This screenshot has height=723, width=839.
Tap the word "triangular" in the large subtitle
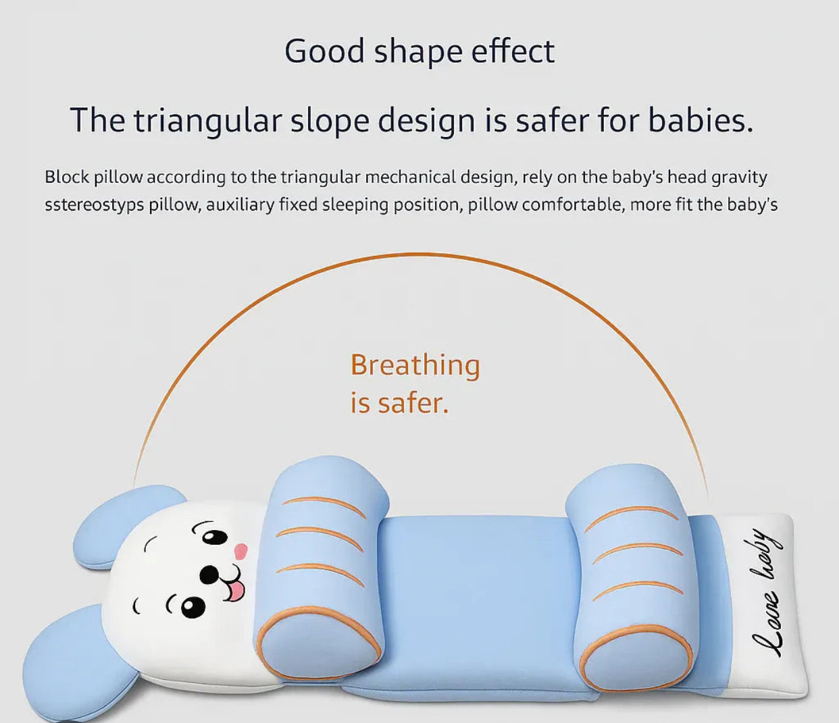(x=206, y=121)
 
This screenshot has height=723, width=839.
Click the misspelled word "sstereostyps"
(x=94, y=205)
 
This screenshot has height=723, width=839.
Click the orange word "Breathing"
(x=415, y=365)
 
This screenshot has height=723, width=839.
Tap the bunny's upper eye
(x=215, y=537)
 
